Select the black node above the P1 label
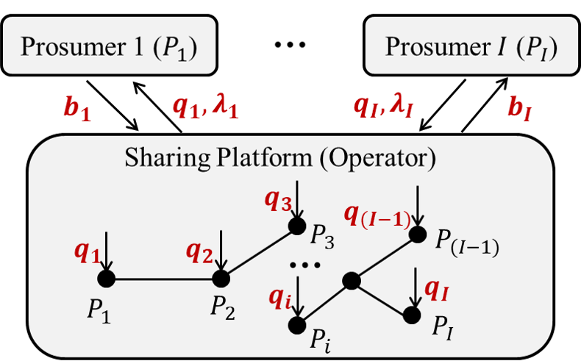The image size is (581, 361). [107, 279]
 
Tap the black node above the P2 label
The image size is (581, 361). [221, 279]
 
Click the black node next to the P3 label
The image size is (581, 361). [296, 225]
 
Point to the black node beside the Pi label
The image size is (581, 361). [297, 324]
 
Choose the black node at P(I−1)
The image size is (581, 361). [418, 234]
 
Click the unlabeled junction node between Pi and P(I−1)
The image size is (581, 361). [352, 280]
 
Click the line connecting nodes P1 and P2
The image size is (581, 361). [164, 279]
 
